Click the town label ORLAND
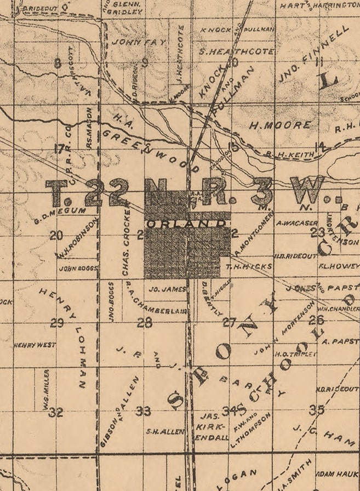[x=186, y=224]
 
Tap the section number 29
[x=57, y=323]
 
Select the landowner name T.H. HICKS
[x=249, y=266]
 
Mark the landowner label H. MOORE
[x=279, y=125]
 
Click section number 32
[x=55, y=412]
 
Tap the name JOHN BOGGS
[x=78, y=269]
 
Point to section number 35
[x=316, y=409]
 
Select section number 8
[x=58, y=63]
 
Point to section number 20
[x=56, y=236]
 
